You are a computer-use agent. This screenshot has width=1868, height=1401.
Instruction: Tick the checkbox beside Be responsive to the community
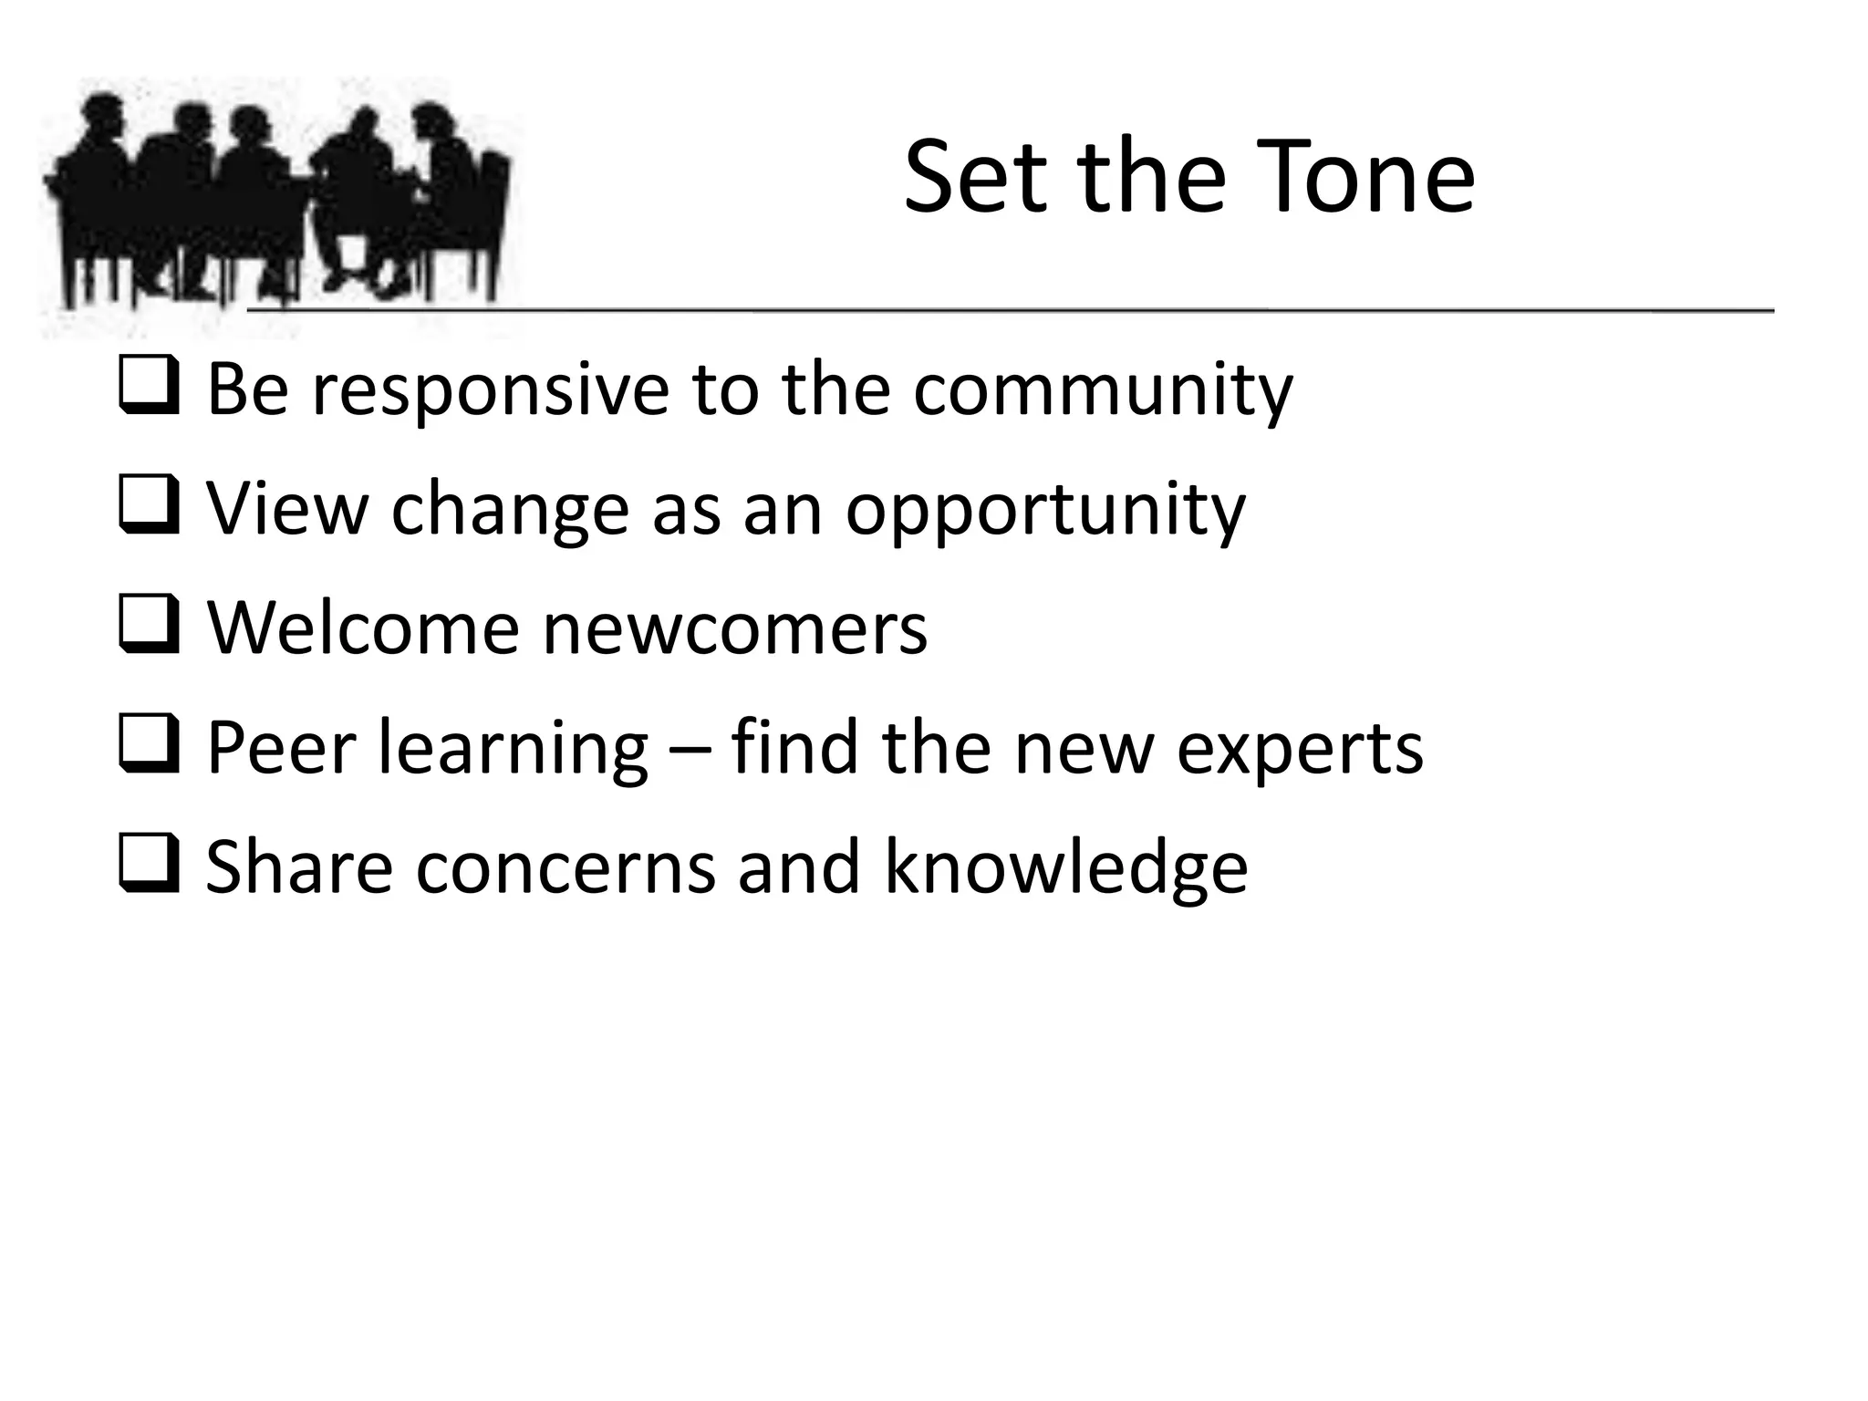coord(148,389)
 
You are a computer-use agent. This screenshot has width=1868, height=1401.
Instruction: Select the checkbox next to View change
coord(148,508)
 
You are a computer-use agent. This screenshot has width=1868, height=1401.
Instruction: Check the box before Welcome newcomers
coord(148,628)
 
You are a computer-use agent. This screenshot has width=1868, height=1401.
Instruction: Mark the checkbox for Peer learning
coord(148,747)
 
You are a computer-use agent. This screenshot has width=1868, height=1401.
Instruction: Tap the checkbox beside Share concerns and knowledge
coord(148,867)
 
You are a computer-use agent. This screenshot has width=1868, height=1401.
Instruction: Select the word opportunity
coord(1045,510)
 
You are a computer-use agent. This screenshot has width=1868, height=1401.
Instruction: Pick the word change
coord(510,510)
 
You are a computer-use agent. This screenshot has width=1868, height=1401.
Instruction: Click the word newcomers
coord(735,629)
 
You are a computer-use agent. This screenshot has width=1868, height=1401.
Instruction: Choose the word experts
coord(1299,750)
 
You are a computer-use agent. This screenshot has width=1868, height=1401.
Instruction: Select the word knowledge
coord(1065,868)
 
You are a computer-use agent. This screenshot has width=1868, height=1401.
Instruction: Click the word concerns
coord(566,868)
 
